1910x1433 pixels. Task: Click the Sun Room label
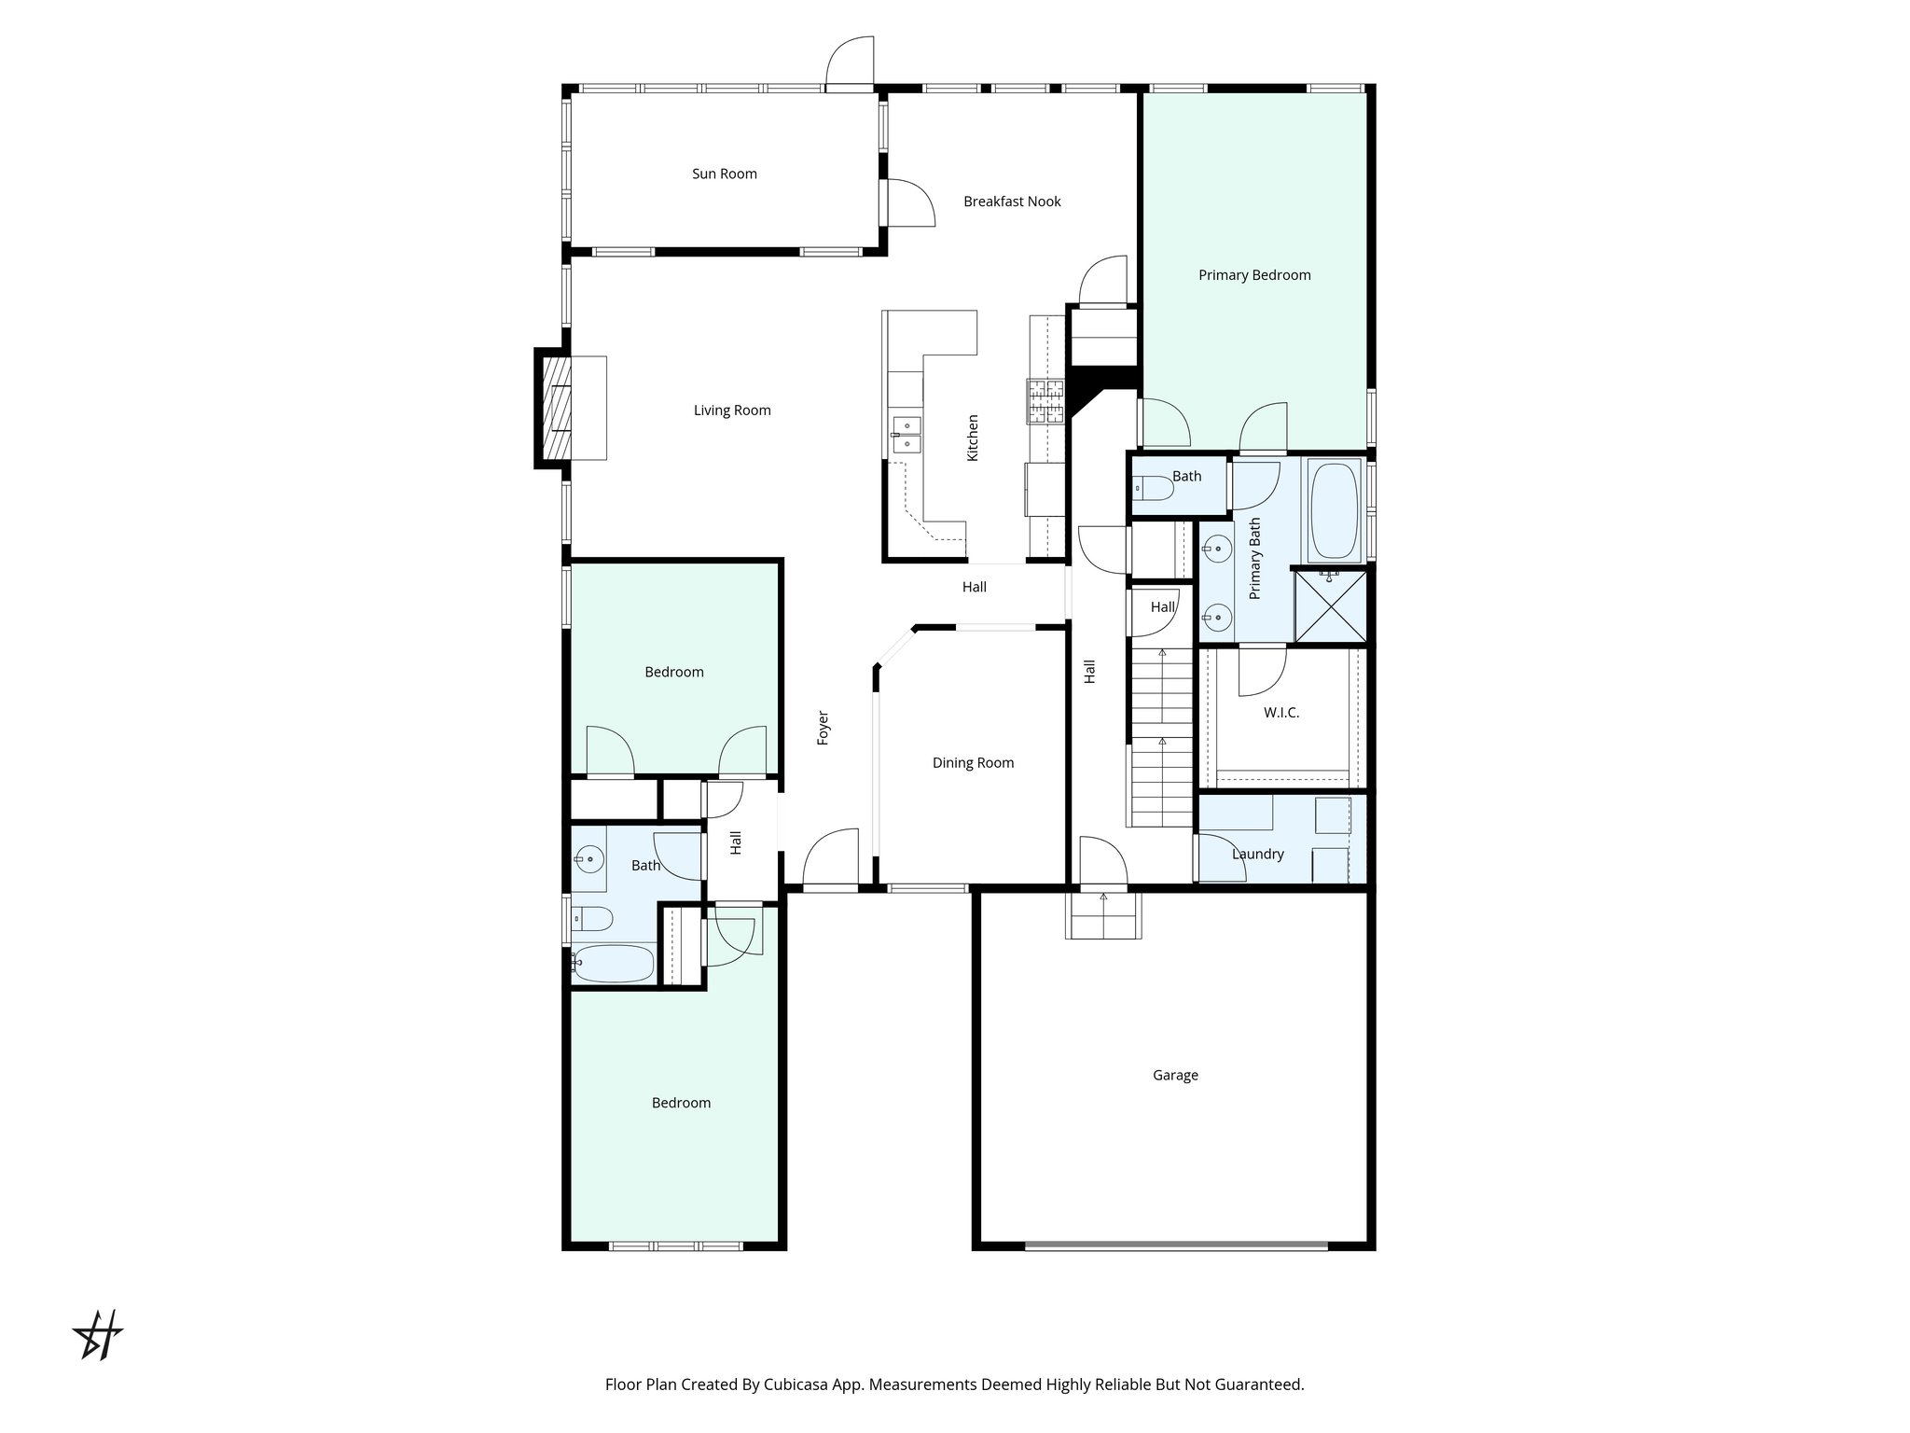point(724,174)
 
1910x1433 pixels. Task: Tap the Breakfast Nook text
point(1012,202)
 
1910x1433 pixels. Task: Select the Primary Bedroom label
point(1254,275)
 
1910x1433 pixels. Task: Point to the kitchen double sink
point(906,436)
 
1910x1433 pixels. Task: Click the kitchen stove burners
point(1045,401)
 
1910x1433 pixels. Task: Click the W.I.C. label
point(1280,713)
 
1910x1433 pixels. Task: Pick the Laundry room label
point(1257,855)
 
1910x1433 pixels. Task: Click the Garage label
point(1175,1076)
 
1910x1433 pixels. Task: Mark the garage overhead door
point(1175,1245)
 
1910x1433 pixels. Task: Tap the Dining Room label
point(973,763)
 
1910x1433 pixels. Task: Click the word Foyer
point(824,729)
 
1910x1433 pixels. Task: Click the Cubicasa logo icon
point(98,1335)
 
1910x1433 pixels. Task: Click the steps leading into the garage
point(1103,915)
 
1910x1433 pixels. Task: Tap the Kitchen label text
point(973,438)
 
